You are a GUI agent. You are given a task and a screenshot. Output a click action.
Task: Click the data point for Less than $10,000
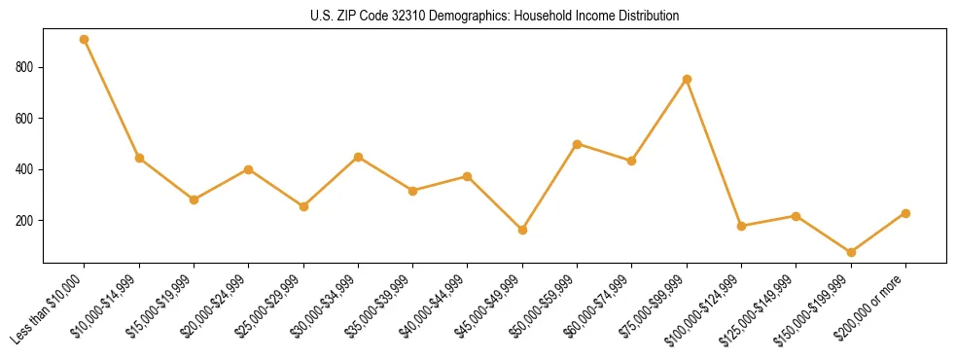tap(85, 40)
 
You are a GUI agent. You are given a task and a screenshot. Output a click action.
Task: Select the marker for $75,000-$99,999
tap(687, 79)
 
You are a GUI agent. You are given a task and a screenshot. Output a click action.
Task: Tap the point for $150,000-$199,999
tap(851, 252)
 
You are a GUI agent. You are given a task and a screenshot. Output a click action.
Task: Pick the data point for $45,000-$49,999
tap(522, 230)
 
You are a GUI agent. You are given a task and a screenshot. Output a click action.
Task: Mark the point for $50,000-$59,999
tap(578, 144)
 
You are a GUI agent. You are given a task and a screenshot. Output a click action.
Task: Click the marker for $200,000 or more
tap(905, 213)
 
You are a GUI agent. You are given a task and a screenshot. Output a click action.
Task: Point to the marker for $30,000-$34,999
tap(359, 157)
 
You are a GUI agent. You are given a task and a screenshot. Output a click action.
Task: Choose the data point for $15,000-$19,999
tap(195, 199)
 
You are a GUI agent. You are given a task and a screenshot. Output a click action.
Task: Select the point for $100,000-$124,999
tap(741, 226)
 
